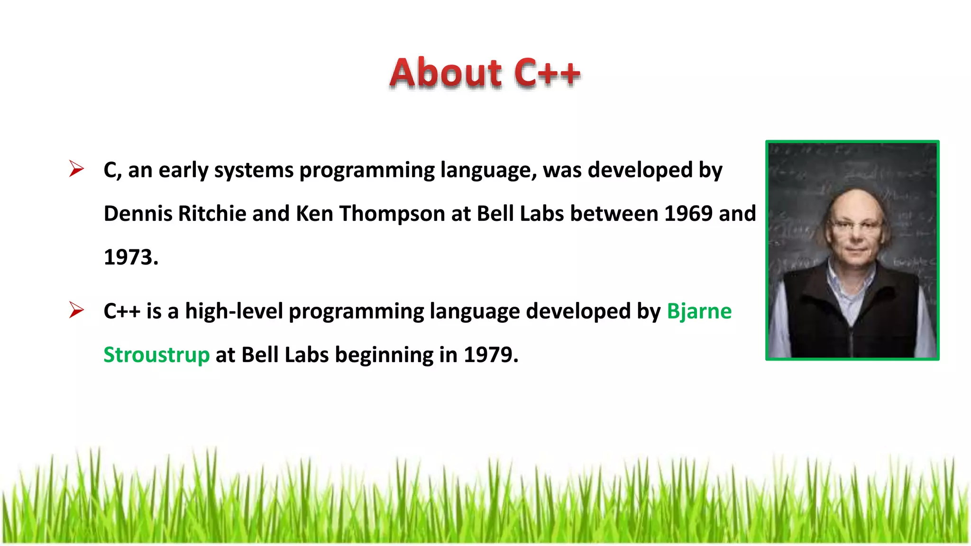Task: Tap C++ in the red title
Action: [x=547, y=73]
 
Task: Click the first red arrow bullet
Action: [x=76, y=169]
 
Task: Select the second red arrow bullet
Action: [x=76, y=310]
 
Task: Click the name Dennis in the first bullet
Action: [x=137, y=213]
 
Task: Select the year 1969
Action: [x=688, y=213]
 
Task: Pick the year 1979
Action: [x=488, y=355]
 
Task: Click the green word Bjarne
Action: [x=699, y=311]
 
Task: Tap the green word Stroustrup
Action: [x=156, y=355]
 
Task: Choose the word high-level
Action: [x=234, y=311]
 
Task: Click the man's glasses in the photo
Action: [x=856, y=225]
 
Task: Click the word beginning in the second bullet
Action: [x=384, y=355]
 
